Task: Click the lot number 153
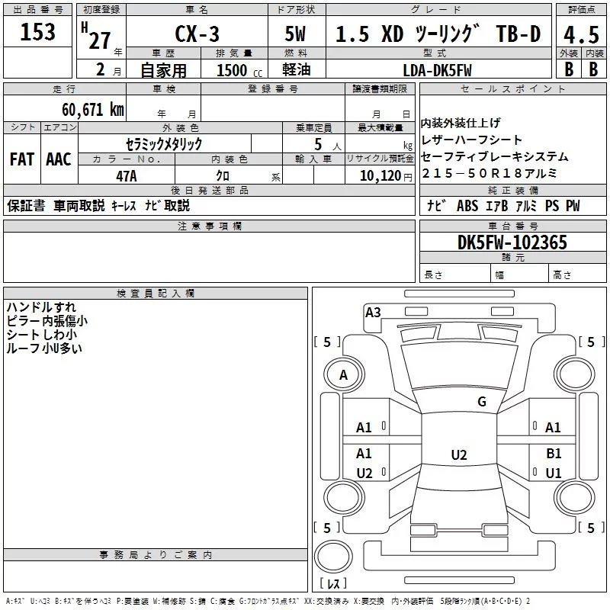pos(38,32)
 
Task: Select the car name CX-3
pos(195,35)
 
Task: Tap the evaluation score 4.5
pos(580,35)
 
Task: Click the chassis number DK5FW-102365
pos(512,242)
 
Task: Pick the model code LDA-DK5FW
pos(438,69)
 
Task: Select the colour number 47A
pos(127,175)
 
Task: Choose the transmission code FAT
pos(21,159)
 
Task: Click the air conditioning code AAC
pos(58,159)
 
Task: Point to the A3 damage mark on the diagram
pos(373,312)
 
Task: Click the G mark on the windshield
pos(481,402)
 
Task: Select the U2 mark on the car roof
pos(458,455)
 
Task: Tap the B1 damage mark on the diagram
pos(554,453)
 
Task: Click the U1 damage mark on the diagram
pos(554,473)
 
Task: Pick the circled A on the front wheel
pos(343,375)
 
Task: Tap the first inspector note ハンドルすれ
pos(41,307)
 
